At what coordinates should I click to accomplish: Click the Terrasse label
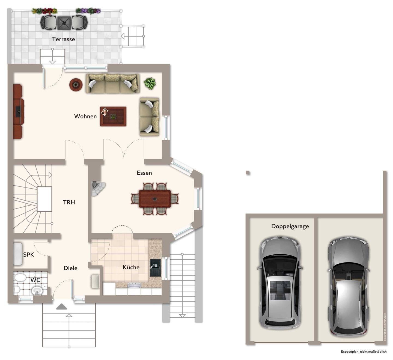pos(64,39)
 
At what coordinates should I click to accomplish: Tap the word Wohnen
pos(85,116)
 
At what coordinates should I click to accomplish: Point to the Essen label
pos(144,173)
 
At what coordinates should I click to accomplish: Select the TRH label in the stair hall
pos(69,202)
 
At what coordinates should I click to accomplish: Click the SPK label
pos(29,255)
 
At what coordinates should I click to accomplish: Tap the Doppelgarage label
pos(290,226)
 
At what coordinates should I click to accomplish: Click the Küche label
pos(131,267)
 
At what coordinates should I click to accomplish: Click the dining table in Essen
pos(154,199)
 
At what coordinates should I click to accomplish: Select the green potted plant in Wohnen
pos(150,83)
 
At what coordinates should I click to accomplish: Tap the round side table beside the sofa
pos(76,85)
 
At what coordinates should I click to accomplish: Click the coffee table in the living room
pos(113,117)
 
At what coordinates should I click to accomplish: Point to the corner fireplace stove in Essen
pos(98,189)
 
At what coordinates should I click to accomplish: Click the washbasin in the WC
pos(37,291)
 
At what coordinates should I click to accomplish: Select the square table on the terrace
pos(64,23)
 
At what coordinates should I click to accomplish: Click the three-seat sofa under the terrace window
pos(113,84)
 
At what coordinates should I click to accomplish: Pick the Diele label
pos(70,268)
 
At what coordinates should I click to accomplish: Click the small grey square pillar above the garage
pos(248,173)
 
